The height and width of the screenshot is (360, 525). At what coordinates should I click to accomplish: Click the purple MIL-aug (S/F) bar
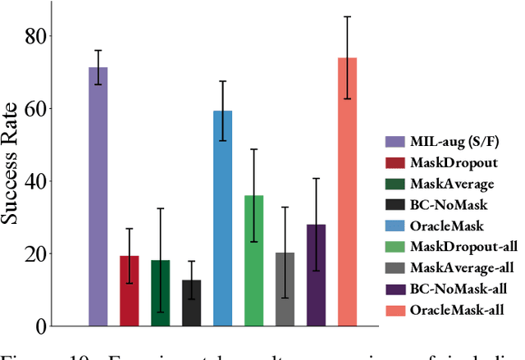tap(98, 197)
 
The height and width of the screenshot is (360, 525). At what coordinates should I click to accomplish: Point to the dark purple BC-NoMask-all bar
tap(316, 276)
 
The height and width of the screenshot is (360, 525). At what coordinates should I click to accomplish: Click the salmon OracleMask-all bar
tap(347, 192)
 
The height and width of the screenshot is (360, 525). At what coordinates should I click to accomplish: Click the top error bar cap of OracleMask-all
tap(347, 16)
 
